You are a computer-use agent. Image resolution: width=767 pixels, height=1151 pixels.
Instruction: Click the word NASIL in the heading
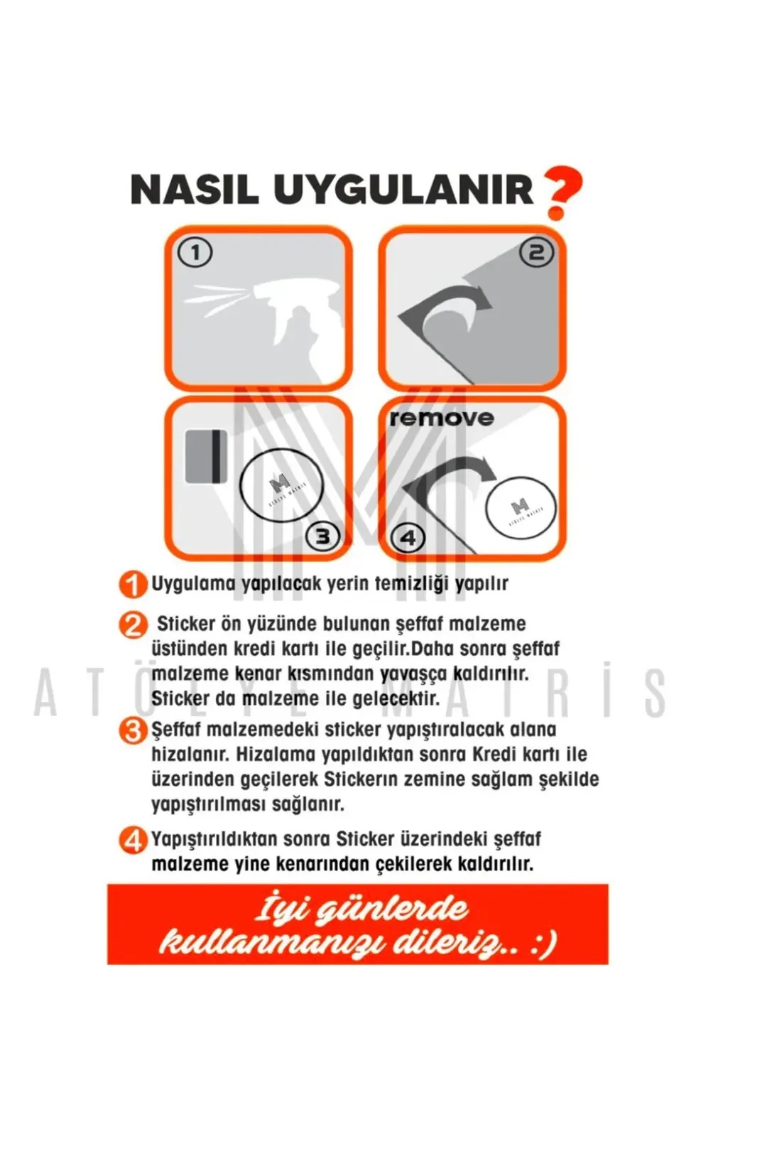[x=195, y=190]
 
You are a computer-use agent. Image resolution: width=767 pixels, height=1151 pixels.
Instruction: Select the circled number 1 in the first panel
[x=195, y=253]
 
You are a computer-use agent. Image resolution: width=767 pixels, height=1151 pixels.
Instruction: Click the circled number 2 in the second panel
[x=536, y=253]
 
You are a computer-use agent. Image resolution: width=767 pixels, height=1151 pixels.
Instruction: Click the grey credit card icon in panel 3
[x=206, y=456]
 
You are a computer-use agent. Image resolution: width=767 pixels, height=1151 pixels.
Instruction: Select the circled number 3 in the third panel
[x=322, y=537]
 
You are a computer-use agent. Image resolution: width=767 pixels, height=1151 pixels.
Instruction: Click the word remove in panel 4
[x=441, y=418]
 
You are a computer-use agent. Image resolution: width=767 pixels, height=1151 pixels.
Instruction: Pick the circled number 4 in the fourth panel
[x=408, y=538]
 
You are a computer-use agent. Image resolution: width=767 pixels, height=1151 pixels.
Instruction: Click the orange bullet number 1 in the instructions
[x=133, y=585]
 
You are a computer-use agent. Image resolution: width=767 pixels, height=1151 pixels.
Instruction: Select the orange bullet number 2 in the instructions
[x=133, y=627]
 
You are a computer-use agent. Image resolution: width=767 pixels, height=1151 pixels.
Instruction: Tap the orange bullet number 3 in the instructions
[x=133, y=731]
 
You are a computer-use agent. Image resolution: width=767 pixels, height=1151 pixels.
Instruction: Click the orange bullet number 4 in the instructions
[x=133, y=841]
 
